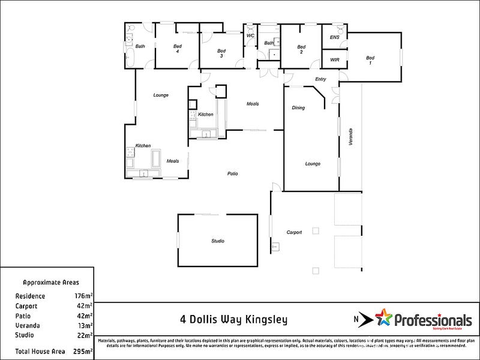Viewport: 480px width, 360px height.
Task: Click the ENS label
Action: (x=335, y=38)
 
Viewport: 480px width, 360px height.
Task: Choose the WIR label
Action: (x=335, y=59)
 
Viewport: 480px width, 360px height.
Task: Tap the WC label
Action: (x=250, y=35)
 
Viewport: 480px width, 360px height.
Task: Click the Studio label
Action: (x=217, y=241)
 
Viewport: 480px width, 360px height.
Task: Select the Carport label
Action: (x=294, y=232)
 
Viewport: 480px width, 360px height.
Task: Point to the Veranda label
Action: (x=352, y=137)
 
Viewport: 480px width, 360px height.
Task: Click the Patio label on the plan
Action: (x=232, y=174)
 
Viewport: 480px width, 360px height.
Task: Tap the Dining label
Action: (x=298, y=108)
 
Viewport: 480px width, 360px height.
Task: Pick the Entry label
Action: (x=320, y=79)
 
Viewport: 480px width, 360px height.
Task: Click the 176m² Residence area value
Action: (x=84, y=296)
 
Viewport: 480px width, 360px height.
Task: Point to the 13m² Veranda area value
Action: (x=85, y=325)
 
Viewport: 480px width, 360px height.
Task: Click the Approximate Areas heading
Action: (x=50, y=282)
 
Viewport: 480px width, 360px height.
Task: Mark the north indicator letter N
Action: (x=355, y=320)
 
